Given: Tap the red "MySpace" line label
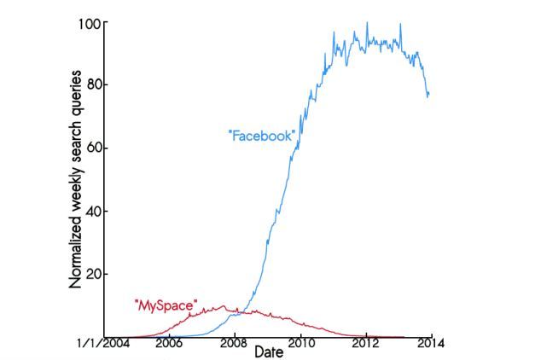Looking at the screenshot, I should (x=166, y=304).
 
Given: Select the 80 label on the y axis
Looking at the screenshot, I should (x=93, y=84).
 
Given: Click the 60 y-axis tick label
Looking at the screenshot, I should (x=93, y=148).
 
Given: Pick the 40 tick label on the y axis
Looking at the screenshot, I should (x=93, y=211).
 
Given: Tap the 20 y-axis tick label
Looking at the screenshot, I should (x=93, y=274).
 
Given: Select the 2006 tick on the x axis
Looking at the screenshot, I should (x=168, y=344).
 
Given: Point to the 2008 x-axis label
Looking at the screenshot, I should (x=234, y=344).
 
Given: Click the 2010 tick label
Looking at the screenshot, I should (x=300, y=344).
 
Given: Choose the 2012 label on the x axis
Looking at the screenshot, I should (x=365, y=344).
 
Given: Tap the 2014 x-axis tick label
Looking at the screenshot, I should (x=430, y=344).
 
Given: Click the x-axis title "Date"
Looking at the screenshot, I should (x=268, y=351).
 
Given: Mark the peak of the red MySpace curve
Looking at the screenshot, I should (x=224, y=305).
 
